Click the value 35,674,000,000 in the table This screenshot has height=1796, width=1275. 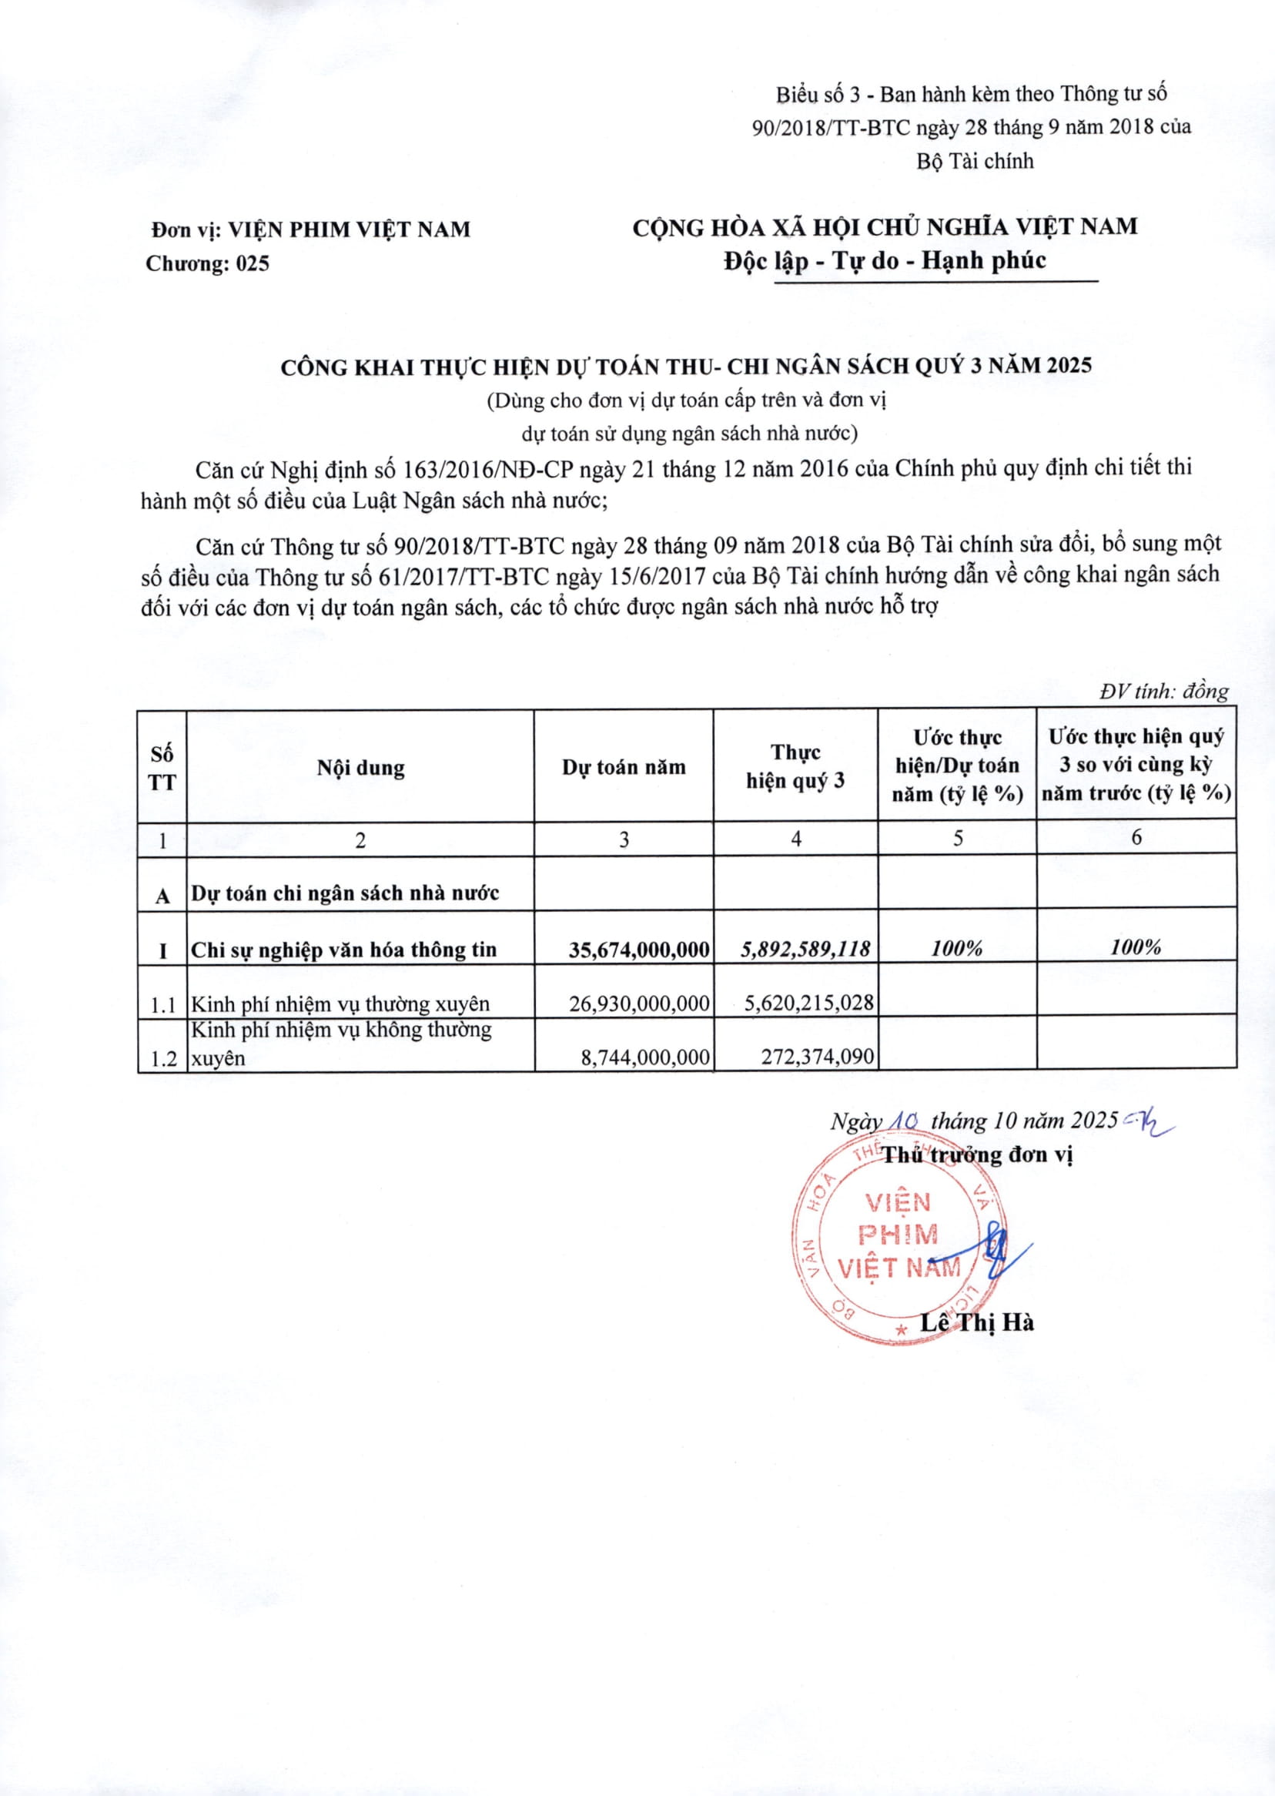(639, 950)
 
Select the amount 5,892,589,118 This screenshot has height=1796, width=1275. (806, 950)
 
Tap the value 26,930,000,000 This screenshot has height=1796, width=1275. (639, 1003)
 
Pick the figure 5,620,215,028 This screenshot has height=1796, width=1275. (808, 1002)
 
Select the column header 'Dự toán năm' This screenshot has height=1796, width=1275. (624, 767)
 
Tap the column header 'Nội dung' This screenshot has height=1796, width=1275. (360, 767)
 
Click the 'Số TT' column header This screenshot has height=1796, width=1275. (162, 768)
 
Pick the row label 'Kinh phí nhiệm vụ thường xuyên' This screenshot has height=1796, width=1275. (340, 1004)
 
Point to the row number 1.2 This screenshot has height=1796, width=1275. (163, 1059)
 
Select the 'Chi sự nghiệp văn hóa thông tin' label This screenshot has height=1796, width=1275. (344, 950)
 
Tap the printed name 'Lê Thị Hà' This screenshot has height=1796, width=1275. (977, 1323)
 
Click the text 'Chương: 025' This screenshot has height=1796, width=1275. (207, 264)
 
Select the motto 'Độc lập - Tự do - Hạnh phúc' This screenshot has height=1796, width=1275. (885, 260)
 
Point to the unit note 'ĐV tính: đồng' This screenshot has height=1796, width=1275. (1163, 691)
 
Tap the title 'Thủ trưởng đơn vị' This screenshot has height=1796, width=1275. (978, 1155)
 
